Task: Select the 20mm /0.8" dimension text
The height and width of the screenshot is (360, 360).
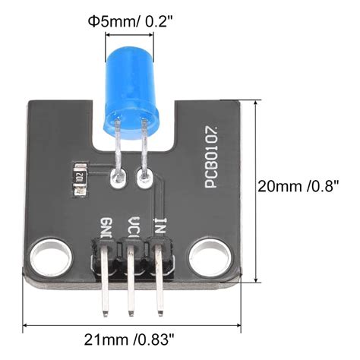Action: point(298,186)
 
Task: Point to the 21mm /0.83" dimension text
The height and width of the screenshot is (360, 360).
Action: point(129,339)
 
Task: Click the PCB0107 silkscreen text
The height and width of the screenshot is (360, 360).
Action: point(212,157)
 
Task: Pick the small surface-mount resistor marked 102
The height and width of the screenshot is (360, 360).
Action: point(80,180)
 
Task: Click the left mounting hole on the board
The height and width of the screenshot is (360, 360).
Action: point(51,257)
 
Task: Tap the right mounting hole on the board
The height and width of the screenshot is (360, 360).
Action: point(210,257)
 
